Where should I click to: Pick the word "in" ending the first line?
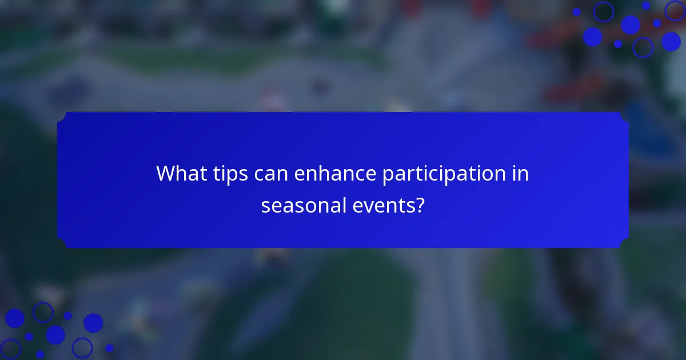(x=521, y=174)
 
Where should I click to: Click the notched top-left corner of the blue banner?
(x=62, y=116)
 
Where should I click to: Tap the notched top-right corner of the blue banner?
(x=624, y=116)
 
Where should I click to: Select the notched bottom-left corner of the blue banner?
(x=62, y=244)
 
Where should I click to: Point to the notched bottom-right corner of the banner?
(x=624, y=244)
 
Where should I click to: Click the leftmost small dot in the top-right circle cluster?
(x=576, y=12)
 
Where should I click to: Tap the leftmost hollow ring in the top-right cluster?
(x=603, y=11)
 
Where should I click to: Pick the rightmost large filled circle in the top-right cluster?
(x=671, y=41)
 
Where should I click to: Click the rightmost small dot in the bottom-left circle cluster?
(x=109, y=347)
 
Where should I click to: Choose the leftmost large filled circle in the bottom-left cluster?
(x=15, y=318)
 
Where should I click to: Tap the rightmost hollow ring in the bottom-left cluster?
(x=82, y=347)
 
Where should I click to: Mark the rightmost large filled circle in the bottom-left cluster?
(x=93, y=323)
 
